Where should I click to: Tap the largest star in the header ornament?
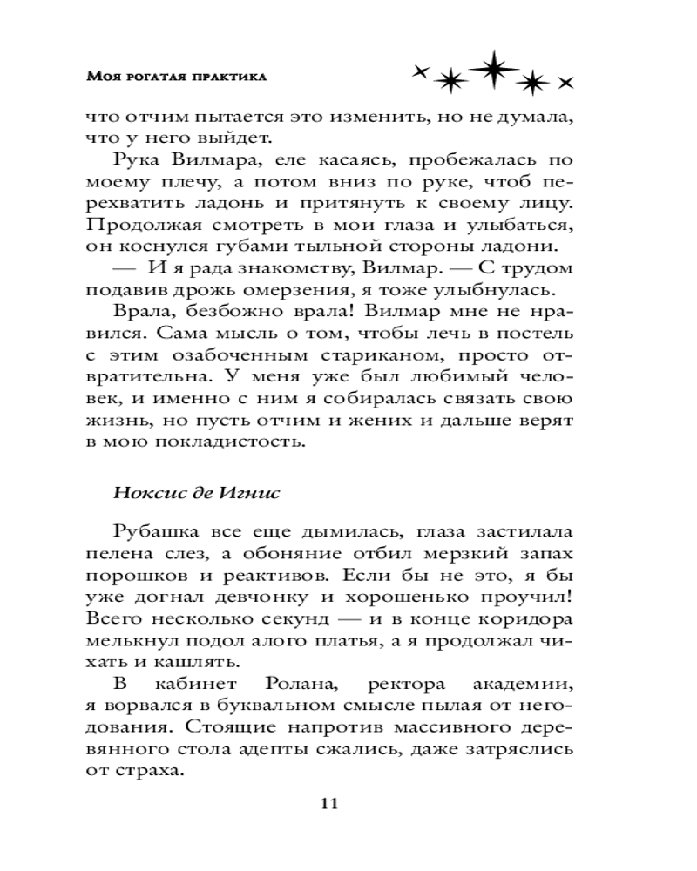[492, 69]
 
